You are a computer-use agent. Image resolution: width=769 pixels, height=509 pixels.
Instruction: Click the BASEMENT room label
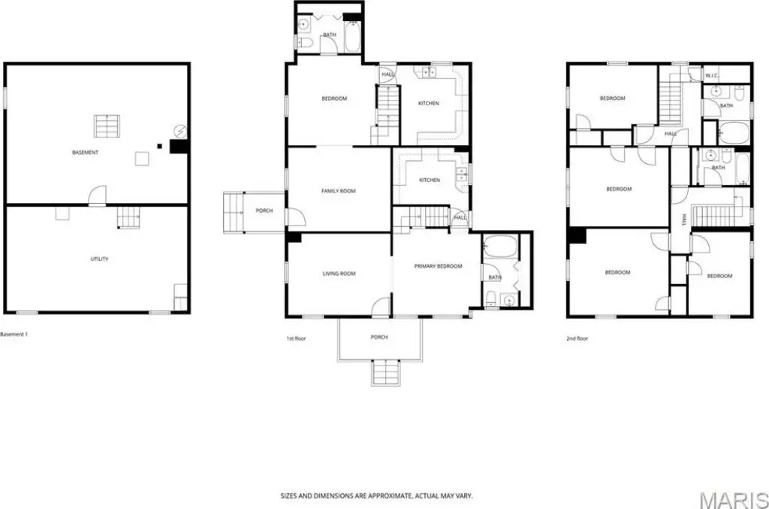[x=86, y=153]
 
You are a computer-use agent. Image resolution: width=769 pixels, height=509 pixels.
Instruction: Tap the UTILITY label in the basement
[x=100, y=259]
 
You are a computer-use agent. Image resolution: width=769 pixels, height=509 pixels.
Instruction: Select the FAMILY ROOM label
[x=339, y=191]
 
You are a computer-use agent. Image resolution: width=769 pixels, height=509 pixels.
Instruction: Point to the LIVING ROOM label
[x=339, y=274]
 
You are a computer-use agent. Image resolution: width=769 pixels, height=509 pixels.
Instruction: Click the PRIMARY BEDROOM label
[x=438, y=266]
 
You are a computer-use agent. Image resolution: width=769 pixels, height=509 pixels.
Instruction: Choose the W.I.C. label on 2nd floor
[x=712, y=76]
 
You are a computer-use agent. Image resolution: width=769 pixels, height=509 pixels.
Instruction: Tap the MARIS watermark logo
[x=734, y=500]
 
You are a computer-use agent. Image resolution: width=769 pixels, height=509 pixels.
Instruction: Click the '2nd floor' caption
[x=577, y=338]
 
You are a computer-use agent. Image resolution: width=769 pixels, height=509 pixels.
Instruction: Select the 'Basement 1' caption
[x=14, y=335]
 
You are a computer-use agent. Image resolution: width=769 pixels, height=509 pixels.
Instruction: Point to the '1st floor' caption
[x=296, y=338]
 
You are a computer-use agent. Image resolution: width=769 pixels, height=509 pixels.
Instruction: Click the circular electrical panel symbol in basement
[x=180, y=131]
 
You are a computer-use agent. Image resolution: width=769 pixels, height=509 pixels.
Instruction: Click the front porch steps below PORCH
[x=385, y=373]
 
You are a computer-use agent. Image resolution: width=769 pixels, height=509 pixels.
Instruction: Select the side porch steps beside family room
[x=234, y=212]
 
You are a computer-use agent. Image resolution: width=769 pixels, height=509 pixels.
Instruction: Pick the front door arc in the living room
[x=381, y=308]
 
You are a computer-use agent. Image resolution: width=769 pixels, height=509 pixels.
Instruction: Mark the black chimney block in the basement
[x=179, y=147]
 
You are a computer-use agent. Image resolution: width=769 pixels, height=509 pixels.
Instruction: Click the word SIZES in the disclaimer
[x=288, y=496]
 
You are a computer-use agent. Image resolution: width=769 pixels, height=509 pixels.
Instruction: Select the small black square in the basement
[x=159, y=146]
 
